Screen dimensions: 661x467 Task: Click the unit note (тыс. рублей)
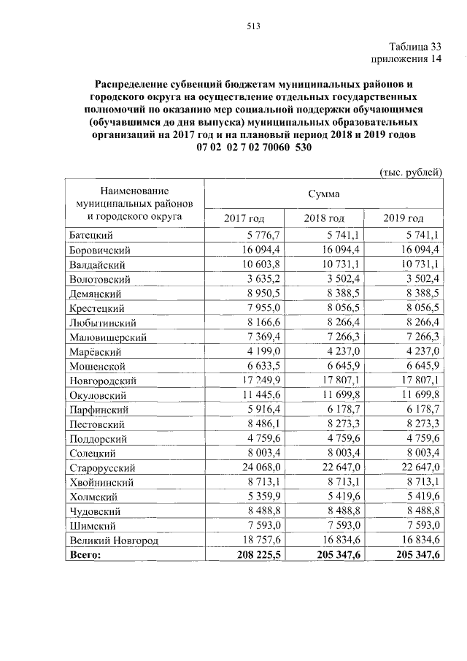pyautogui.click(x=410, y=172)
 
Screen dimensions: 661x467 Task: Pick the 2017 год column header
pyautogui.click(x=244, y=218)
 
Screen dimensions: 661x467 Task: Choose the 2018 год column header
pyautogui.click(x=323, y=218)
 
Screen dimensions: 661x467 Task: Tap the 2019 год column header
pyautogui.click(x=403, y=218)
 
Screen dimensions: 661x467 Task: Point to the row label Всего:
pyautogui.click(x=85, y=556)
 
